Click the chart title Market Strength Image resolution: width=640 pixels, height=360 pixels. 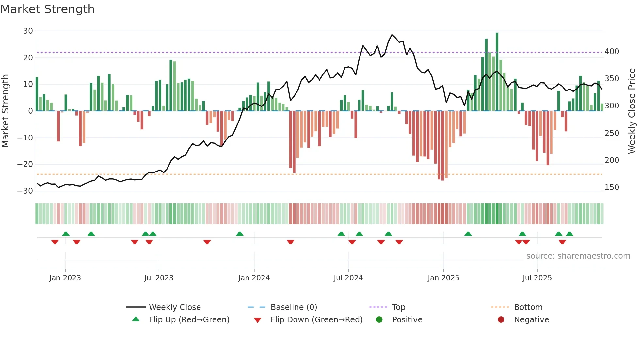(47, 9)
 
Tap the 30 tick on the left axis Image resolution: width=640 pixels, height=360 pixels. (28, 31)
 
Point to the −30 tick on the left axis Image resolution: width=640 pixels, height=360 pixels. (25, 191)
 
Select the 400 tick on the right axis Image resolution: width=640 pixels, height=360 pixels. (612, 52)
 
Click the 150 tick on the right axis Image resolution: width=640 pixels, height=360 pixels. (612, 188)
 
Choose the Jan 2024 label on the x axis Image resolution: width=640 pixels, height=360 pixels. (254, 278)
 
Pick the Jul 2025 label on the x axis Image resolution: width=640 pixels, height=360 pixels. (537, 278)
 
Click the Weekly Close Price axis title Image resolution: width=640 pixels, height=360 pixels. (632, 111)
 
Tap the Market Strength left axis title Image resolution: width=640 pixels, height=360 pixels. (6, 111)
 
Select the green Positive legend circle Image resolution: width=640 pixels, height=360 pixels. (379, 319)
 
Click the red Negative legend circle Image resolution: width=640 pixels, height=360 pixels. (501, 319)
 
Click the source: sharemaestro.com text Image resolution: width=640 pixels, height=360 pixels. (578, 256)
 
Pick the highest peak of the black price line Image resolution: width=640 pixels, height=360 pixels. (392, 35)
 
